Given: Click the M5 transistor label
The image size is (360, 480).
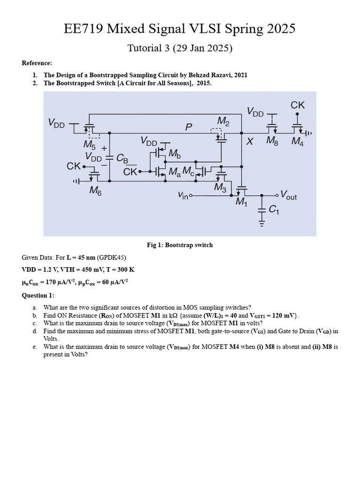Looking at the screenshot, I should (x=89, y=144).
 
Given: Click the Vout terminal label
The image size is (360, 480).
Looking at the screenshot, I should (x=288, y=195).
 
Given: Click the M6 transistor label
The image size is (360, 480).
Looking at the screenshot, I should (x=97, y=191).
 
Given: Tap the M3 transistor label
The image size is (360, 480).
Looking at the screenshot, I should (x=219, y=187).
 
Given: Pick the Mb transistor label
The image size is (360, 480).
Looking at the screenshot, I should (x=173, y=153).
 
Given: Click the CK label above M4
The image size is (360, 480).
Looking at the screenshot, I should (x=298, y=105).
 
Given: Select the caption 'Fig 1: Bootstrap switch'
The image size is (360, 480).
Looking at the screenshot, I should (x=180, y=245).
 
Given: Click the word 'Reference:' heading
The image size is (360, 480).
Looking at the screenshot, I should (x=37, y=63).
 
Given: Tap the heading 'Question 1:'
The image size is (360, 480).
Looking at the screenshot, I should (x=38, y=295).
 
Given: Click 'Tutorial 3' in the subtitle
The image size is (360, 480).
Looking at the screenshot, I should (x=148, y=48).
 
